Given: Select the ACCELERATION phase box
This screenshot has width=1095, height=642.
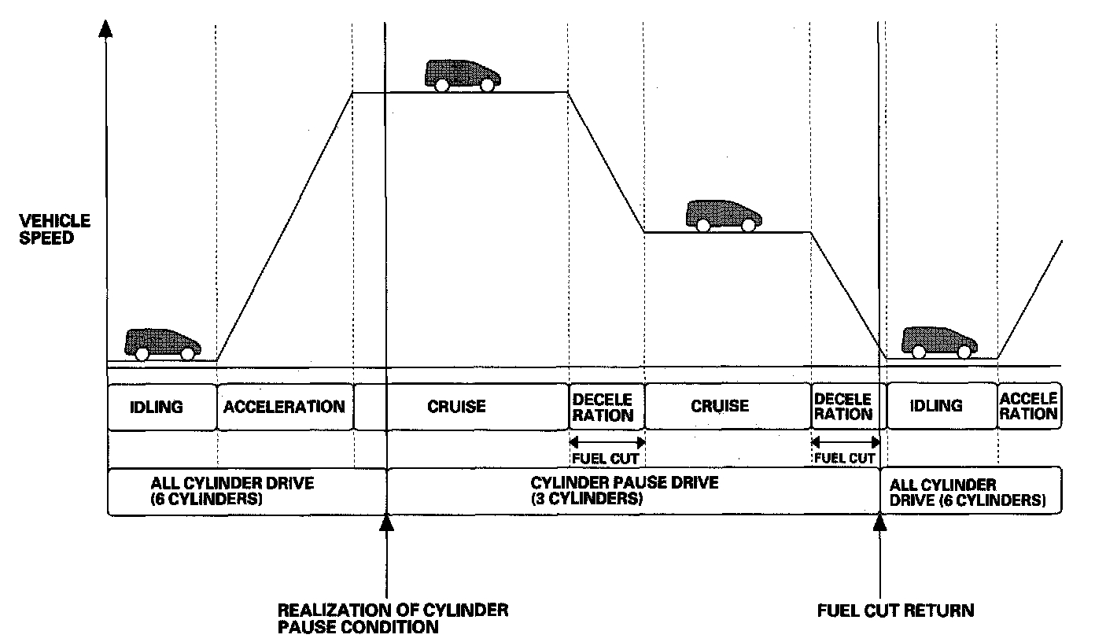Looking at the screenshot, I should pyautogui.click(x=284, y=407).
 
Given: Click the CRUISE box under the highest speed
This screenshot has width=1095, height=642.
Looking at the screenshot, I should pyautogui.click(x=456, y=407).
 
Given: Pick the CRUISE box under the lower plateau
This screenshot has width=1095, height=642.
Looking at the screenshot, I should pyautogui.click(x=720, y=407).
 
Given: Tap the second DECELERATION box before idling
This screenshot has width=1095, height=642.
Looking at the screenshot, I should pyautogui.click(x=845, y=407).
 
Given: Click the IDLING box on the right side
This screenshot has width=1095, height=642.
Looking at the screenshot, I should pyautogui.click(x=936, y=407).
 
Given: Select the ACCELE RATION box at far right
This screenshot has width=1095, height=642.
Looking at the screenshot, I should pyautogui.click(x=1028, y=407).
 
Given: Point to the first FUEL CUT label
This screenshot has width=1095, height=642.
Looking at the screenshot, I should pyautogui.click(x=606, y=457).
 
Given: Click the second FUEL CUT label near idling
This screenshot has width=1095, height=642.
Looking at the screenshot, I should pyautogui.click(x=845, y=457).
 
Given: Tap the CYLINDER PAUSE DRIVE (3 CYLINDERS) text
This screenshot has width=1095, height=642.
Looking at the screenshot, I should pyautogui.click(x=625, y=491).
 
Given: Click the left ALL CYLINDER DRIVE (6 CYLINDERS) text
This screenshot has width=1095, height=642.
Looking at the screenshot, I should pyautogui.click(x=232, y=491).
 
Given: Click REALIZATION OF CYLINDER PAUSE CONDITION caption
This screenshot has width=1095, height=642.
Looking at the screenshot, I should pyautogui.click(x=393, y=618).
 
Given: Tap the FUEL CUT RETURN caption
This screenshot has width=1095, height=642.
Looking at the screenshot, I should pyautogui.click(x=895, y=610).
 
